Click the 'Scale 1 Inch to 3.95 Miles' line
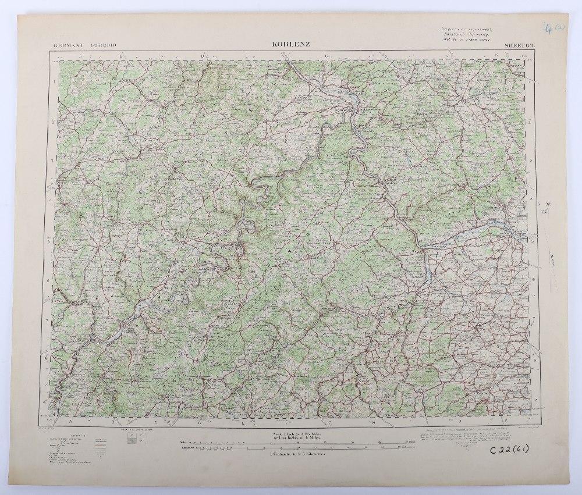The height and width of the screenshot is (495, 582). [293, 433]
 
